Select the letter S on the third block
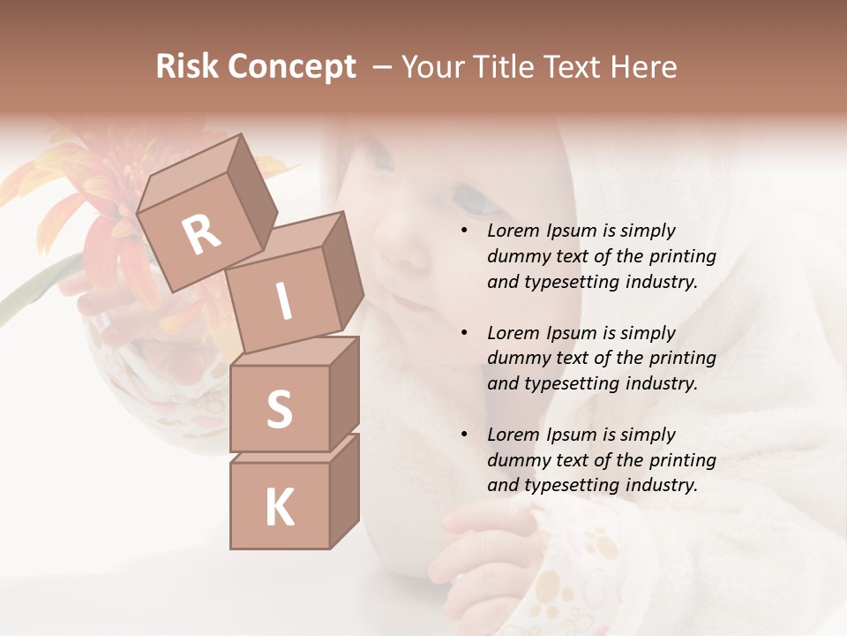coord(279,408)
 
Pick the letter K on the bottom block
coord(279,507)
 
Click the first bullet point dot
coord(464,231)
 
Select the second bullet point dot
coord(464,334)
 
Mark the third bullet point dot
coord(464,435)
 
